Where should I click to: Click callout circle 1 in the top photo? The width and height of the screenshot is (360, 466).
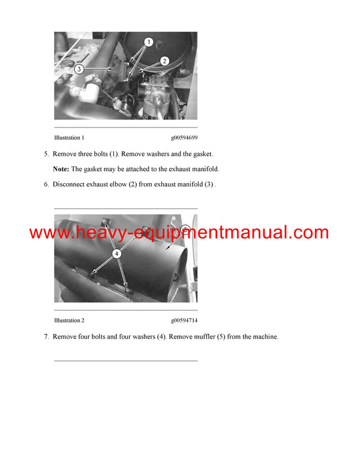(149, 43)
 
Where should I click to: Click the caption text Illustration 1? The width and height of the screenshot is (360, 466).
(69, 138)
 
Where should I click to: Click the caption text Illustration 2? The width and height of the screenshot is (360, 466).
(69, 321)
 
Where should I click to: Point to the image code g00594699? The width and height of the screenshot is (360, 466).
(184, 138)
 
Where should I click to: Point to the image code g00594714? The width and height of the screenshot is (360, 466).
(184, 321)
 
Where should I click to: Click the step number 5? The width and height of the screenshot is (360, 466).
(46, 154)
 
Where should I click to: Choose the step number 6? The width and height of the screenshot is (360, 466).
(46, 184)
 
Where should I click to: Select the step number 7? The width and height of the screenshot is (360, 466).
(46, 337)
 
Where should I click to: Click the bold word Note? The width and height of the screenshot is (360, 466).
(61, 169)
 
